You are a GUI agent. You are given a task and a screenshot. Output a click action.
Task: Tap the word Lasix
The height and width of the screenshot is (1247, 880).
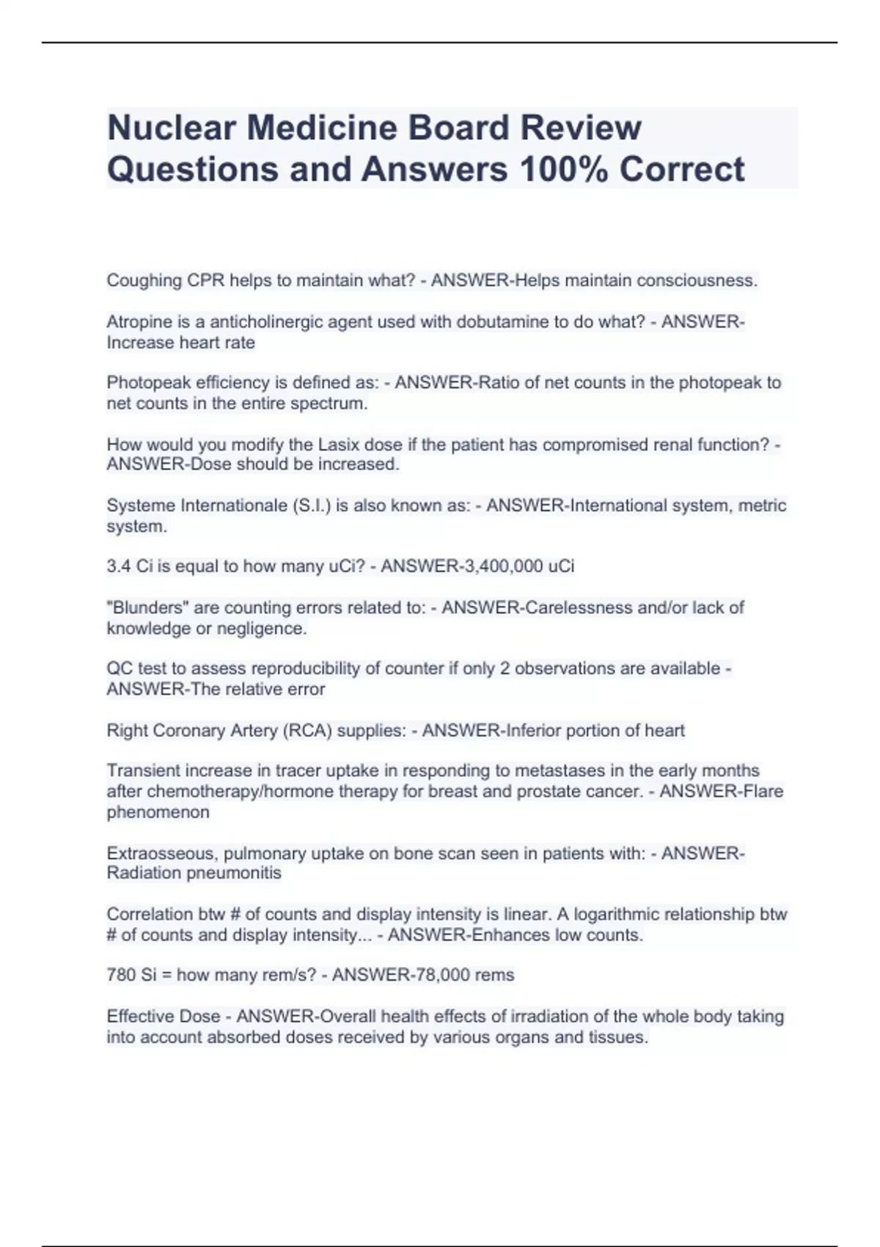[x=340, y=445]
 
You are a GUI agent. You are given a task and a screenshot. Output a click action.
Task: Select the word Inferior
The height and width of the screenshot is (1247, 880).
[x=529, y=731]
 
